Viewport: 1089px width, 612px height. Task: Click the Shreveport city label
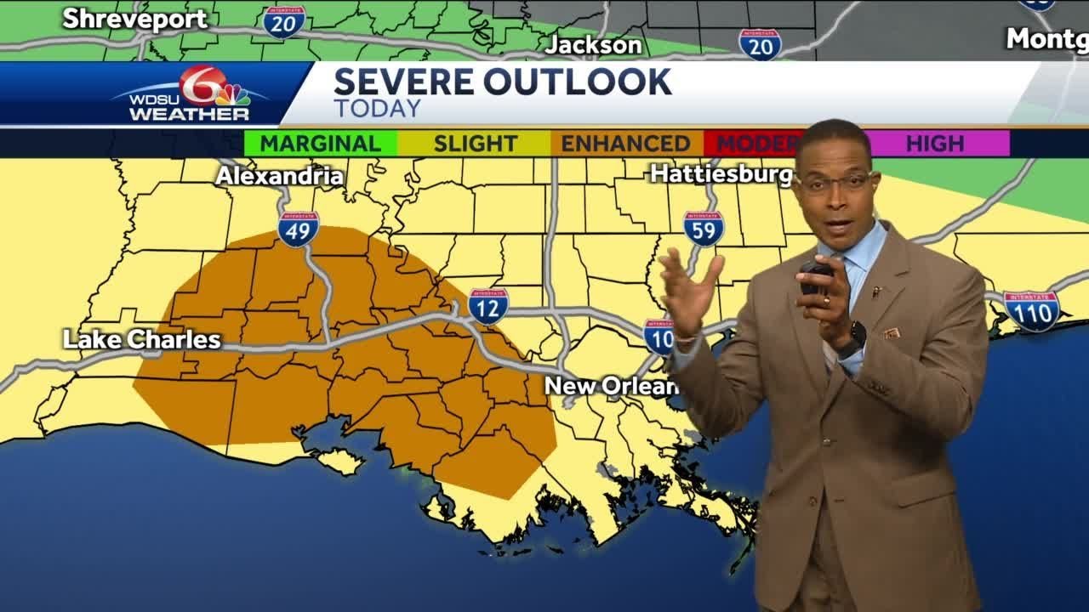(x=134, y=19)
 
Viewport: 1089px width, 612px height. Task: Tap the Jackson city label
(x=593, y=44)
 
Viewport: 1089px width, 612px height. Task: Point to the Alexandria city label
(x=279, y=176)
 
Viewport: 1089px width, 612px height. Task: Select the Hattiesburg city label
(x=721, y=173)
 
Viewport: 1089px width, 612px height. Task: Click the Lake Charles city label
(x=142, y=340)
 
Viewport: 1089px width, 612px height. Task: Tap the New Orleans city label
(x=611, y=386)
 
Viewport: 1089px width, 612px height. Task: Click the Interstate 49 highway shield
(x=299, y=229)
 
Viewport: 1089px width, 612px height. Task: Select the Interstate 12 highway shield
(x=488, y=306)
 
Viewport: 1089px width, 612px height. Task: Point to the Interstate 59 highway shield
(x=704, y=229)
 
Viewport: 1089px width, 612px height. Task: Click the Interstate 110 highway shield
(x=1031, y=311)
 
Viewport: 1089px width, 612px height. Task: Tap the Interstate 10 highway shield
(x=659, y=337)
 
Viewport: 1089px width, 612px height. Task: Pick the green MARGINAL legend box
(x=320, y=144)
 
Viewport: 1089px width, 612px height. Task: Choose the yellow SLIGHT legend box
(x=475, y=144)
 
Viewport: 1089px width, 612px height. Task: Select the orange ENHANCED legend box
(x=625, y=144)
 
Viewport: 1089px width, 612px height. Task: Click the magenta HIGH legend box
(x=935, y=144)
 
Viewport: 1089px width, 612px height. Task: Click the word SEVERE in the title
(x=403, y=82)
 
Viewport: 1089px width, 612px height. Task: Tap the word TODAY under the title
(x=377, y=109)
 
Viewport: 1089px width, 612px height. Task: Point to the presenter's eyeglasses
(x=836, y=182)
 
